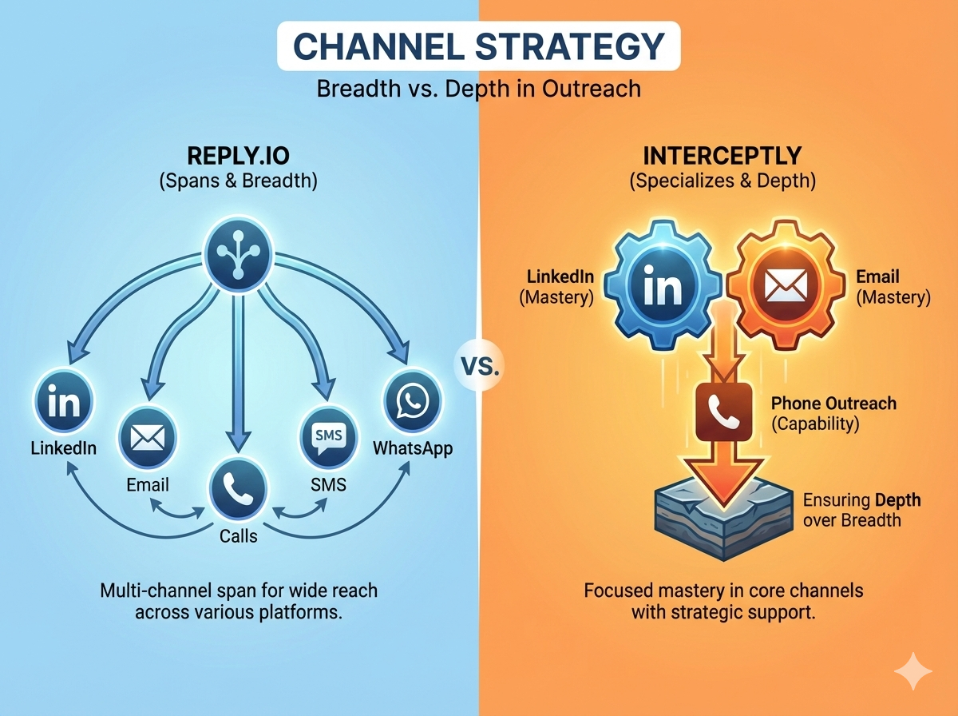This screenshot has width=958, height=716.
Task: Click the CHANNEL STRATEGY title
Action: click(x=478, y=46)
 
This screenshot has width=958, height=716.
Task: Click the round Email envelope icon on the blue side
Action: click(x=147, y=438)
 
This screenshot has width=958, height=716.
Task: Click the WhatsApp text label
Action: click(x=413, y=448)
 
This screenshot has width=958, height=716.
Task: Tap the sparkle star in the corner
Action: click(x=912, y=672)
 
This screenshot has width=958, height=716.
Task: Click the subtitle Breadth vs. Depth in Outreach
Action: click(x=478, y=88)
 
